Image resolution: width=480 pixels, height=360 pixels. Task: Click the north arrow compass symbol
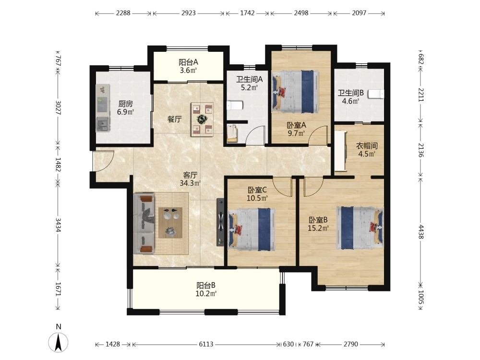tap(58, 342)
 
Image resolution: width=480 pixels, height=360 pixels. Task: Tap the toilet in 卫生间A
tap(235, 106)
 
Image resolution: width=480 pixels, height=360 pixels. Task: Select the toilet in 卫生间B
tap(376, 94)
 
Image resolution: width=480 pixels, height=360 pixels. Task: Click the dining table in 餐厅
tap(202, 119)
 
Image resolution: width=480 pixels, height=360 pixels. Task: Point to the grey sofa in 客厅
tap(144, 224)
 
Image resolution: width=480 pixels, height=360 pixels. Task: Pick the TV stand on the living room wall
tap(220, 222)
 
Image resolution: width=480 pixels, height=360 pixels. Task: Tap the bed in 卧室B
tap(360, 228)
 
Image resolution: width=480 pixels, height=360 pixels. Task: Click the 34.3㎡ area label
tap(190, 183)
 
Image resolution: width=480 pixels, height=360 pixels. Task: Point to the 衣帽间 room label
tap(367, 146)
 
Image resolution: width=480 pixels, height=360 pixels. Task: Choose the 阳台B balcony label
tap(206, 285)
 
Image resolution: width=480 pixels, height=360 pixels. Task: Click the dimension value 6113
tap(206, 344)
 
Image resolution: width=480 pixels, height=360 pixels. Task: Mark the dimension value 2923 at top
tap(189, 13)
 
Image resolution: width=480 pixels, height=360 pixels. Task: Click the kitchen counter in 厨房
tap(103, 108)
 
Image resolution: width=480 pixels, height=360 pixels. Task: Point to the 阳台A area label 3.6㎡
tap(188, 70)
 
